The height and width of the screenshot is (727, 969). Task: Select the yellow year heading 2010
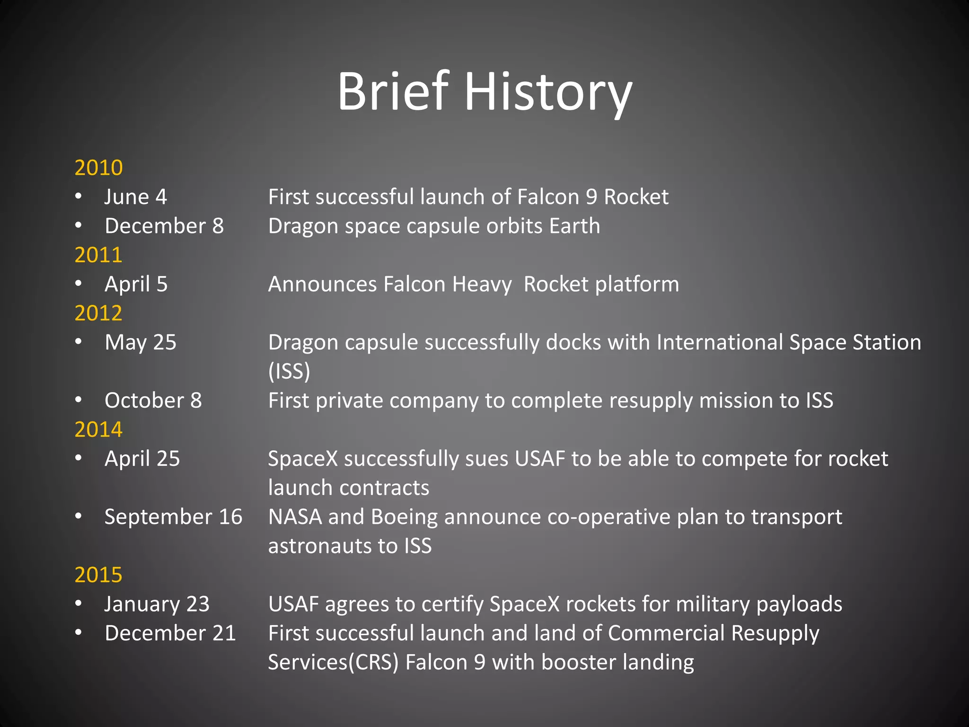(x=98, y=168)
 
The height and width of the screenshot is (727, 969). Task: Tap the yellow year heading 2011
(x=98, y=255)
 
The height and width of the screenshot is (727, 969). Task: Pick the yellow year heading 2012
(x=98, y=313)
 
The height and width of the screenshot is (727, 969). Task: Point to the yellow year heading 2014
(x=98, y=429)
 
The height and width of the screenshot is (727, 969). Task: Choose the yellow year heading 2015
(x=98, y=575)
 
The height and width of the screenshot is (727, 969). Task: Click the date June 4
(x=135, y=197)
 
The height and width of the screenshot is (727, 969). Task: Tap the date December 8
(x=164, y=226)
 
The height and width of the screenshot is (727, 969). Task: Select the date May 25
(x=140, y=342)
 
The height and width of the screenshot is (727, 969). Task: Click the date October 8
(x=153, y=400)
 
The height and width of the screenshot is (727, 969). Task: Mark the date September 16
(x=173, y=516)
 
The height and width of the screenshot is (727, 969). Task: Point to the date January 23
(x=157, y=604)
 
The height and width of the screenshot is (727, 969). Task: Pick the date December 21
(x=170, y=633)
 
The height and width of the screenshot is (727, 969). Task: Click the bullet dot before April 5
(x=79, y=284)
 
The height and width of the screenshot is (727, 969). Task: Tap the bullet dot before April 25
(x=79, y=458)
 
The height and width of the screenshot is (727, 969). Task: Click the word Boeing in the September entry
(x=404, y=516)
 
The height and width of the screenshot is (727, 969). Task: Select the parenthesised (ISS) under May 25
(x=289, y=371)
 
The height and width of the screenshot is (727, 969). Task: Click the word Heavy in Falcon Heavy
(x=482, y=284)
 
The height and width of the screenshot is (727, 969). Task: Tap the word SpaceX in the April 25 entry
(x=303, y=459)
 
